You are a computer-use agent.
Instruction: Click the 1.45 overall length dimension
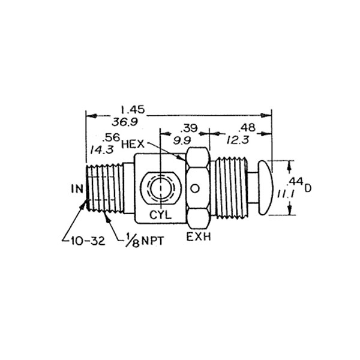133,110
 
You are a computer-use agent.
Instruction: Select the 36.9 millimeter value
125,122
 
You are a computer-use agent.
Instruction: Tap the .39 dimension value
189,128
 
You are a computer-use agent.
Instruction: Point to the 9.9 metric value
182,140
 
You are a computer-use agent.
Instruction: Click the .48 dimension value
247,128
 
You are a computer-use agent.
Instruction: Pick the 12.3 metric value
238,139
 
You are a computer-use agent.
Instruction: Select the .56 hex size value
112,137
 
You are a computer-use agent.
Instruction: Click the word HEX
133,144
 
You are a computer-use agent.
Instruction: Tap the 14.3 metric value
102,150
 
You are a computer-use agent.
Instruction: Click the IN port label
77,189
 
